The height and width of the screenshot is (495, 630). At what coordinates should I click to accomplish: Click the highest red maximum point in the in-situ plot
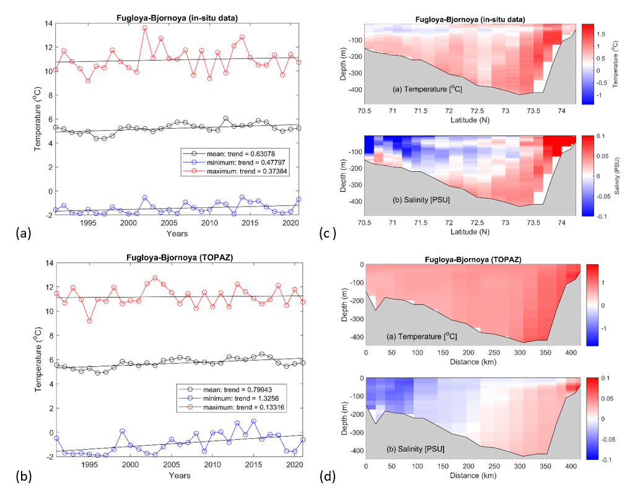click(145, 28)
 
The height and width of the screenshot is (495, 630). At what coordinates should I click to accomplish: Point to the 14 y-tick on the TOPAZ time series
click(48, 263)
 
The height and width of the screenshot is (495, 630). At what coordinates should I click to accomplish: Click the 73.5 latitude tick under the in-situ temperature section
click(533, 110)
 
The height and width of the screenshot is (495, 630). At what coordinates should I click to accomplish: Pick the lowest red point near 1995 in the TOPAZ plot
click(89, 321)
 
